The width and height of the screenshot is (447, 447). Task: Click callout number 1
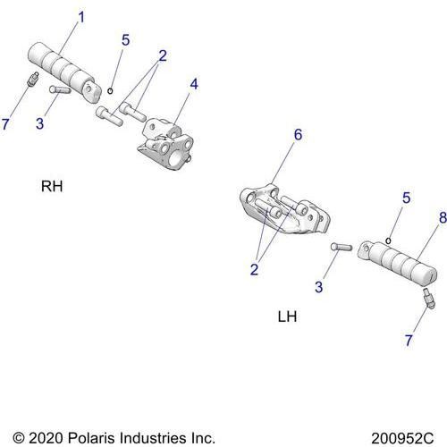click(81, 17)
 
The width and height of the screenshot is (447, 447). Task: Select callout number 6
click(298, 135)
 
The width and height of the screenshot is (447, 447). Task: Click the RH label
click(53, 187)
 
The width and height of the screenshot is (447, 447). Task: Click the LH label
click(287, 316)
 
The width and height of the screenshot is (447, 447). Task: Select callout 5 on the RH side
click(125, 39)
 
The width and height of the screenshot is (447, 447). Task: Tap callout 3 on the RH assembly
click(39, 122)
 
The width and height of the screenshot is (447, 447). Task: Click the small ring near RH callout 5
click(110, 89)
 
